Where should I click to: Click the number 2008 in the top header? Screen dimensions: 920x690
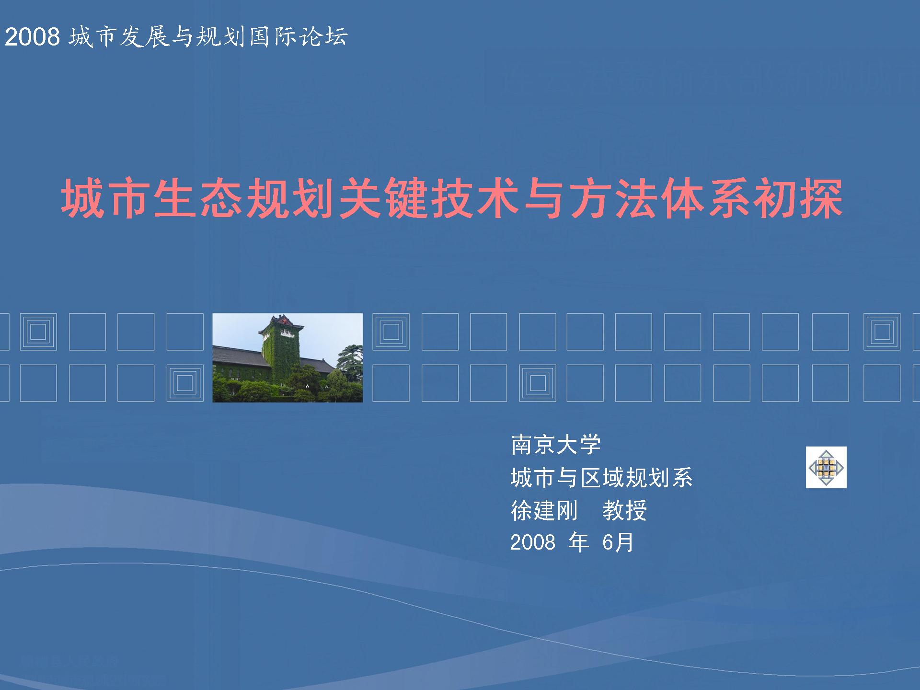32,37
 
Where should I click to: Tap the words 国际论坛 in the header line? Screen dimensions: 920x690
299,37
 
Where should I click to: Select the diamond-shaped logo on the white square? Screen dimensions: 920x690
826,467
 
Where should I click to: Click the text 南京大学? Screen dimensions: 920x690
555,445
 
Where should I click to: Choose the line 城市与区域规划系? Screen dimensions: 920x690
601,478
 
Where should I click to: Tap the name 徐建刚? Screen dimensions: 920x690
544,510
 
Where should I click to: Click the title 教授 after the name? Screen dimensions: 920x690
625,510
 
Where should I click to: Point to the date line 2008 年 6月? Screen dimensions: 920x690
572,542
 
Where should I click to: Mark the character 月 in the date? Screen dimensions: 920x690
624,542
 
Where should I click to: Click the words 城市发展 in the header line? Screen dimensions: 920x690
119,37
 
